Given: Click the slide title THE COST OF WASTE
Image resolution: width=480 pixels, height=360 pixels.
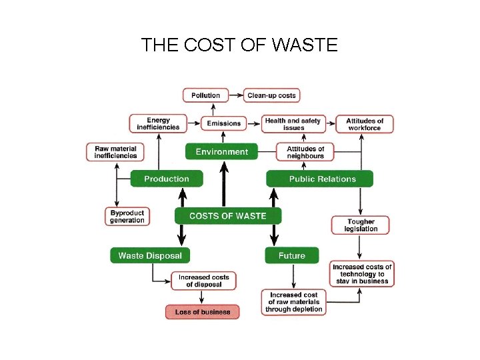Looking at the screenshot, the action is point(239,45).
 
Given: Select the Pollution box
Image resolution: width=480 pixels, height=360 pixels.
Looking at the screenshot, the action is point(205,95).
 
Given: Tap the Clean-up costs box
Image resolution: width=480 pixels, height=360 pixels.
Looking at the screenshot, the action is point(271,95).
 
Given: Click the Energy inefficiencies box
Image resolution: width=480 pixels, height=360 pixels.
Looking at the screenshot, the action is point(158,124).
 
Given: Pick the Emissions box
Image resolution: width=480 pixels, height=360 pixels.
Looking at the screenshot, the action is point(223,123).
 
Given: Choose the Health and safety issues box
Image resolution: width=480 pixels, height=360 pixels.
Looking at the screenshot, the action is point(293,124).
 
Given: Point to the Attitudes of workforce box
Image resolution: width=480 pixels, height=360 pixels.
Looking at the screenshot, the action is point(365,124).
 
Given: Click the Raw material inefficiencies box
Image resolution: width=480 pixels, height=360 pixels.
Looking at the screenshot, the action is point(115,152).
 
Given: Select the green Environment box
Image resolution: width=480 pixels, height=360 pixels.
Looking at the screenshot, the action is point(221,152).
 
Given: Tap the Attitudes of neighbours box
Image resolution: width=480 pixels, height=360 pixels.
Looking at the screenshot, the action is point(305,152).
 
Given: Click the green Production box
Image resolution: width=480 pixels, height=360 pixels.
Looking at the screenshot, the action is point(167,179).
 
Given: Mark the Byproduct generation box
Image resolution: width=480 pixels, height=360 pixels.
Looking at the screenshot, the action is point(127,217).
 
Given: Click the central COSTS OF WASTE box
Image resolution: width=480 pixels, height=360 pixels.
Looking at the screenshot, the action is point(227,215).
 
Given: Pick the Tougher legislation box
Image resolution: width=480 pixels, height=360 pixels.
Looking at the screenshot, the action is point(361,225).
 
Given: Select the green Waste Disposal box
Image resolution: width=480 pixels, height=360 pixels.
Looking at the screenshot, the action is point(150,255).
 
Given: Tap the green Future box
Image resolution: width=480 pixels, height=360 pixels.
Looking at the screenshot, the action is point(292,255).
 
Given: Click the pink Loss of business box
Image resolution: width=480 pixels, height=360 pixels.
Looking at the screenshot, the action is point(202,312).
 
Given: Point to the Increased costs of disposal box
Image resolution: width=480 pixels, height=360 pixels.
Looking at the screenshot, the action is point(203,281).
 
